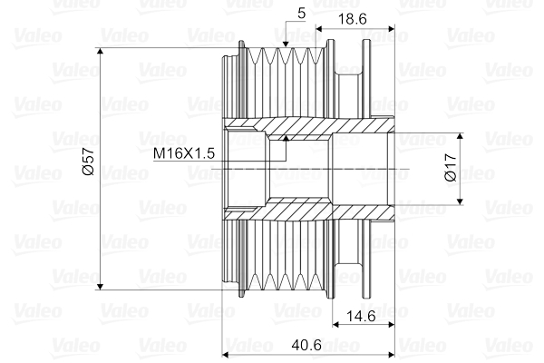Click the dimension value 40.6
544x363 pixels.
[x=308, y=346]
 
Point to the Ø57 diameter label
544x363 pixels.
[x=88, y=164]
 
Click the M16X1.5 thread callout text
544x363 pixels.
[x=184, y=153]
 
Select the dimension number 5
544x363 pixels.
[x=300, y=13]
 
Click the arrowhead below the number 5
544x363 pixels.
[x=286, y=42]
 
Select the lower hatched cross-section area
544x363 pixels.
[x=308, y=211]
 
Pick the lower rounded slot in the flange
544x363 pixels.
[x=347, y=269]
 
